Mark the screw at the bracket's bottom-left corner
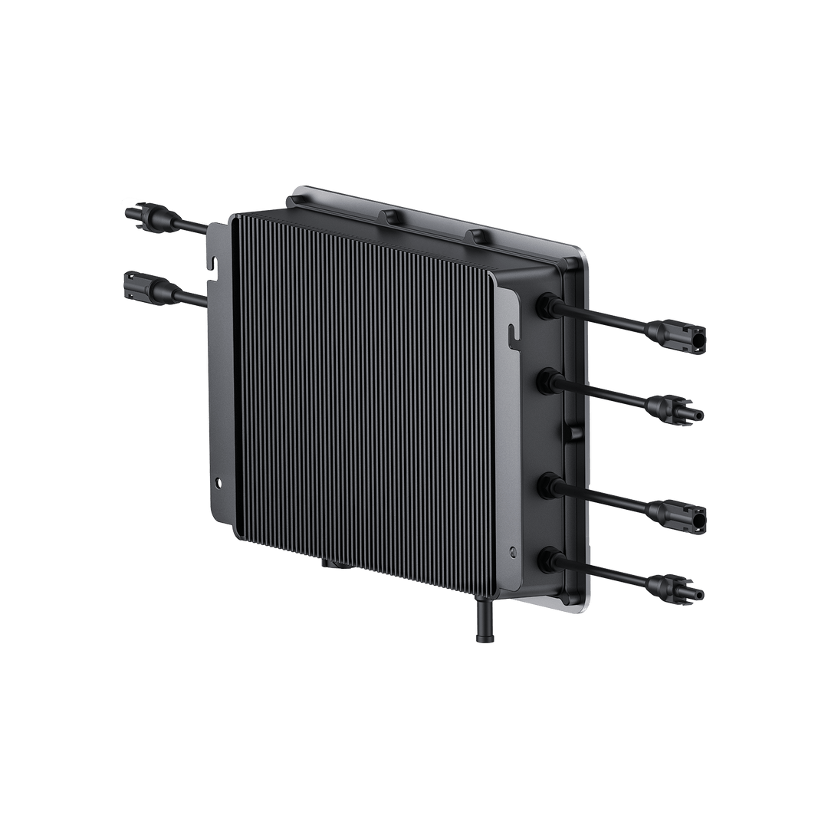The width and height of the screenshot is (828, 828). [220, 484]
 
